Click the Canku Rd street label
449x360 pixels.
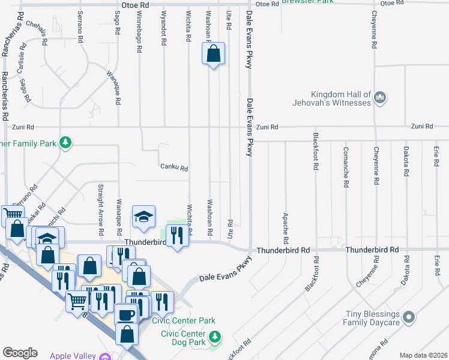(x=174, y=169)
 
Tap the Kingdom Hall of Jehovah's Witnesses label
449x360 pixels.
(x=341, y=98)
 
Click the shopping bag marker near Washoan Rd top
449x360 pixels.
(x=213, y=55)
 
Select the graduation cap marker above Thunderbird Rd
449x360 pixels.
(x=143, y=217)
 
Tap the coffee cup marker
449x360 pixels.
(x=126, y=314)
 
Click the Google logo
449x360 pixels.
(x=20, y=353)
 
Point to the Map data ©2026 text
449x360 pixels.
(x=423, y=355)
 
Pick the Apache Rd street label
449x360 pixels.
(x=285, y=224)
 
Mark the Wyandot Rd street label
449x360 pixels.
(x=164, y=28)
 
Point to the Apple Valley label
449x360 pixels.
(x=73, y=356)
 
